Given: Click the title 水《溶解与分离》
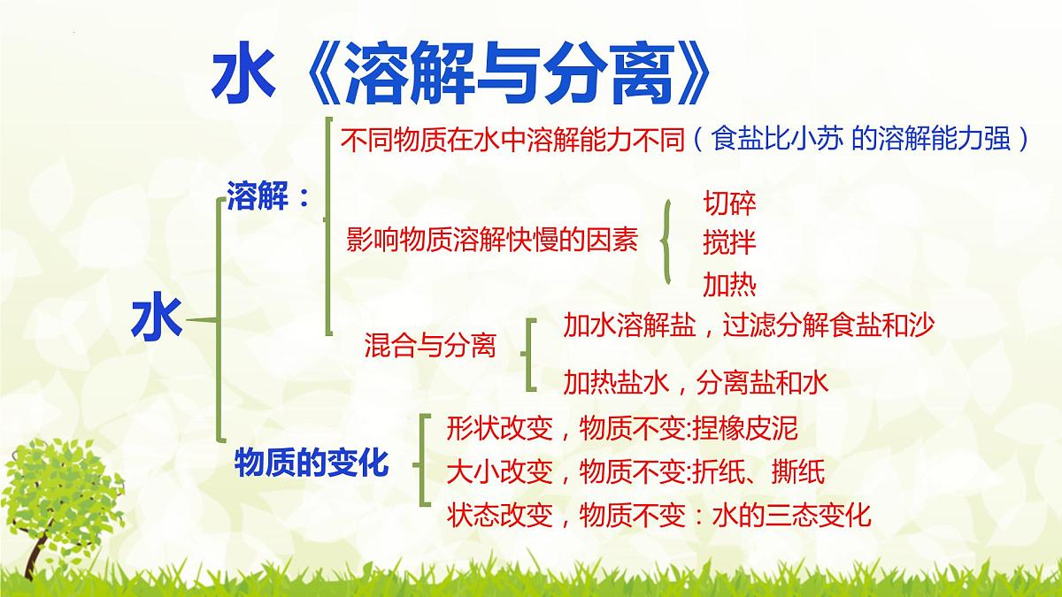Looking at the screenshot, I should (461, 74).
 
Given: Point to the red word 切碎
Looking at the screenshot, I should (729, 203).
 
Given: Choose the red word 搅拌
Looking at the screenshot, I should (729, 241).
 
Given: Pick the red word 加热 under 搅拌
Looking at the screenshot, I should (729, 284).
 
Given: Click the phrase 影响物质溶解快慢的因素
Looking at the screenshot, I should (492, 241).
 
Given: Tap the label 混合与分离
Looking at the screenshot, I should (430, 346).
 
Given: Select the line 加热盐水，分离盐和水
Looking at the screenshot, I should (696, 382).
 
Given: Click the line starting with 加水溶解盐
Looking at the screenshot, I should (749, 325).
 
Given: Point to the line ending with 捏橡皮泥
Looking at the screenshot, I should (622, 429).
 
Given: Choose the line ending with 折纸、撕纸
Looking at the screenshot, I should (635, 471).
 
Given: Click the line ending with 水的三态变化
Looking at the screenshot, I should (659, 514).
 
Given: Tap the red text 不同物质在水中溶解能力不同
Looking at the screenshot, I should (512, 139).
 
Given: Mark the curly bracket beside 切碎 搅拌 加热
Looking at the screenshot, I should (667, 241).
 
